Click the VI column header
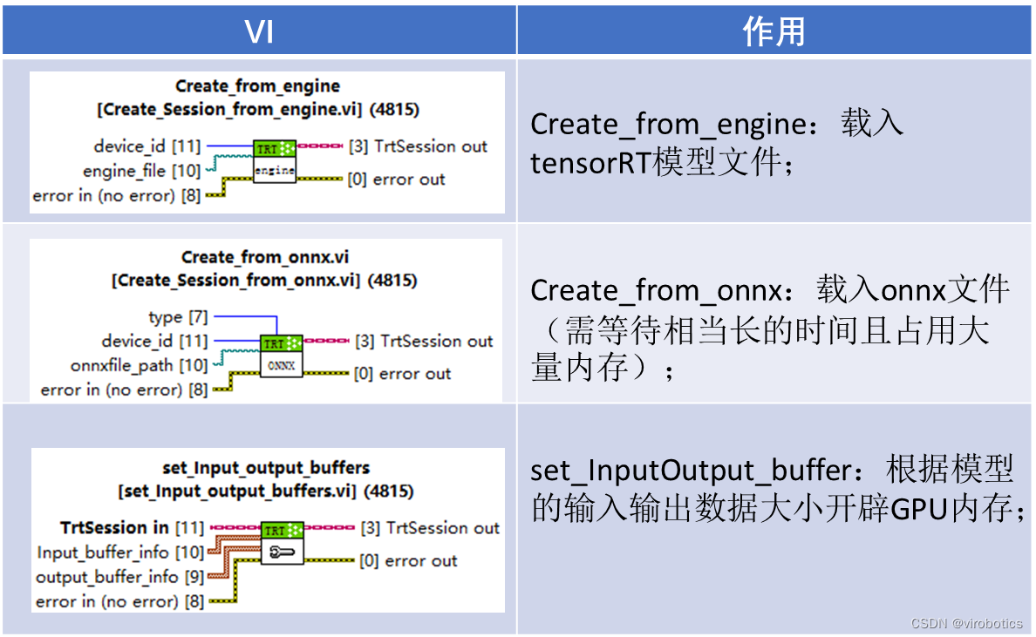click(x=259, y=32)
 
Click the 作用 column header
click(x=774, y=32)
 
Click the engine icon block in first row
click(x=275, y=162)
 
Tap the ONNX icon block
click(x=281, y=357)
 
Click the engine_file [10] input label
click(x=141, y=171)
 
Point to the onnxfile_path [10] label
click(x=140, y=365)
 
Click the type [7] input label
click(x=178, y=317)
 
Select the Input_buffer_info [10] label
click(x=120, y=552)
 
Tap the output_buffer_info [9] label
click(x=119, y=577)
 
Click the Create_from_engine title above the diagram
click(x=257, y=85)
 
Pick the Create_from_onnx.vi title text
click(x=264, y=257)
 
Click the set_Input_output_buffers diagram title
click(x=266, y=468)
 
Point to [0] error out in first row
click(x=396, y=180)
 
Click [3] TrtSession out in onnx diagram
click(x=424, y=341)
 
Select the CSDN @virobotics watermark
click(x=966, y=623)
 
